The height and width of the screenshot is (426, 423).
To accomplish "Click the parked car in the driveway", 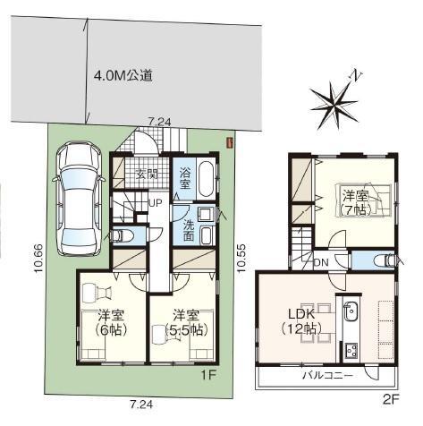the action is [79, 199].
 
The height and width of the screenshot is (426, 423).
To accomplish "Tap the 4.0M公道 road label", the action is [123, 76].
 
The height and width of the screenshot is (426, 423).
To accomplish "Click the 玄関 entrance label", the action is [147, 175].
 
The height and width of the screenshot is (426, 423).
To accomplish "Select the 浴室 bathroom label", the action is [185, 178].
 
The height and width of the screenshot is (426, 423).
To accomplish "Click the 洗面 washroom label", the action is [189, 230].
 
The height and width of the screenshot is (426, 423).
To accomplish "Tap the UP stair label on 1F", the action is [156, 203].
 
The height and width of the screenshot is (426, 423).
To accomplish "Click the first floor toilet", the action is [121, 235].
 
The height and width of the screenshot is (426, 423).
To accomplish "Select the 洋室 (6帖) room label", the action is [112, 323].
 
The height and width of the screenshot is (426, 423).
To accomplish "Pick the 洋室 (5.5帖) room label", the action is [187, 323].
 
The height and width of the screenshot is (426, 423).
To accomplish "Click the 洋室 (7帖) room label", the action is [355, 203].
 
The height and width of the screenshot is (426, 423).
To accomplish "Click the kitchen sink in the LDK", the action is [351, 311].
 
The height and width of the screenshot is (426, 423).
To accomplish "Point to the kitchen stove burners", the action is [351, 351].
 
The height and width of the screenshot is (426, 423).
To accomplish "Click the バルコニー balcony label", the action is [328, 376].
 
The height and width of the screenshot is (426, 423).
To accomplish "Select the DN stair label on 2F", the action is [322, 262].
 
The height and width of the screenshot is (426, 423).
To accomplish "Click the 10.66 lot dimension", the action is [39, 259].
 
